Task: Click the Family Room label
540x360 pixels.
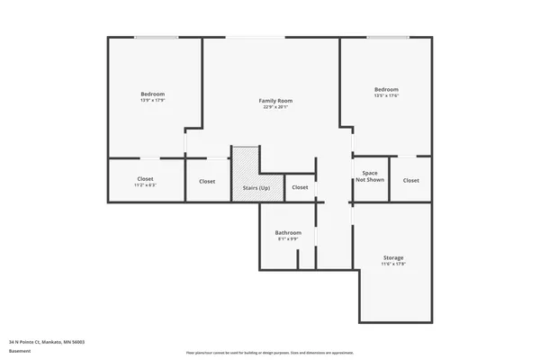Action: [275, 101]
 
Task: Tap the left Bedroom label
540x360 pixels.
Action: [152, 94]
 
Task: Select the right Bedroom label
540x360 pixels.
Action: [386, 89]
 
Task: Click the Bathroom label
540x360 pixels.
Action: [288, 233]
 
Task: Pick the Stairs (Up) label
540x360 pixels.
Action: [256, 187]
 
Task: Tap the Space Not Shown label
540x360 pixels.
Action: [369, 175]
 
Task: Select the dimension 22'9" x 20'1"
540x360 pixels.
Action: [275, 108]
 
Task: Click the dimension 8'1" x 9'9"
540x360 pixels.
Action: [288, 239]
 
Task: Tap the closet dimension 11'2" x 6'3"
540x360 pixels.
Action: [145, 185]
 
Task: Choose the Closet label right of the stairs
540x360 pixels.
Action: [300, 187]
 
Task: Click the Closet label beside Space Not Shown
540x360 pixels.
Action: [410, 180]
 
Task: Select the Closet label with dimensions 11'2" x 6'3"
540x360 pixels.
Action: [145, 179]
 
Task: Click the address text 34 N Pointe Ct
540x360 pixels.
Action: [46, 343]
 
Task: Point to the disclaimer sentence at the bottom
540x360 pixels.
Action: [269, 353]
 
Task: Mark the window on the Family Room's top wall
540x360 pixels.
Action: [256, 38]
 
